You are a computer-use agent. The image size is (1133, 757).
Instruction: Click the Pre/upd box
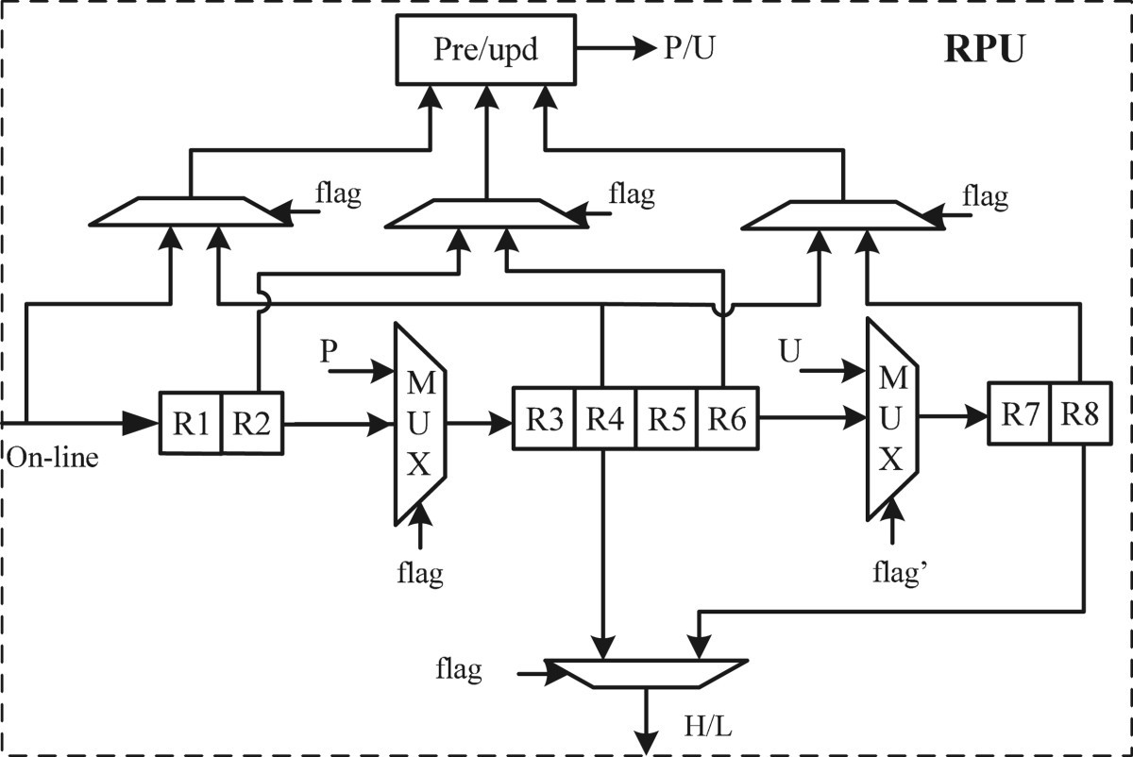coord(487,50)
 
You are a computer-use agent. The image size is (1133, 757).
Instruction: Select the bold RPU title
coord(984,50)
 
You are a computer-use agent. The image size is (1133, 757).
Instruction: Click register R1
coord(191,424)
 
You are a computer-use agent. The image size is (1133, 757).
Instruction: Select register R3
coord(545,417)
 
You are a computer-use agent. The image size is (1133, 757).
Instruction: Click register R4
coord(605,417)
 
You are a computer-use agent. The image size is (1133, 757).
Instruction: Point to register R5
coord(667,417)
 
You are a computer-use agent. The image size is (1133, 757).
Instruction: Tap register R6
coord(727,417)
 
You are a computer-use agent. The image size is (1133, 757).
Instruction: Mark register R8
coord(1080,413)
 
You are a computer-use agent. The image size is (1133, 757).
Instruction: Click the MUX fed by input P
coord(420,424)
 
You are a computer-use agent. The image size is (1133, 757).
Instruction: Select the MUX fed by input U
coord(891,418)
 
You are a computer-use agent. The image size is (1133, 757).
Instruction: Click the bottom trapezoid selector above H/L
coord(648,671)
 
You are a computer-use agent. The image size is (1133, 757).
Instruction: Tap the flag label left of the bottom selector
coord(459,670)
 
